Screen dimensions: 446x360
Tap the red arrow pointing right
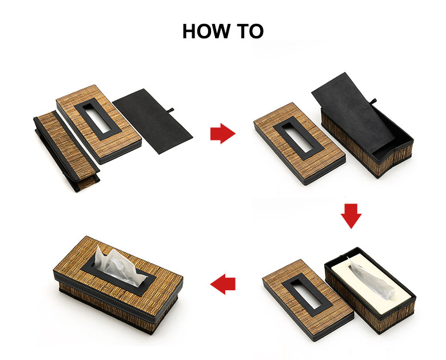[x=223, y=133]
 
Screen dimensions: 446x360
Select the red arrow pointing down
[x=351, y=216]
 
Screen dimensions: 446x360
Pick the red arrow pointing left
[x=223, y=284]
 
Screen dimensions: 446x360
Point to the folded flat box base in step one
[x=66, y=150]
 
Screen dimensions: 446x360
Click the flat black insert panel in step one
[x=153, y=121]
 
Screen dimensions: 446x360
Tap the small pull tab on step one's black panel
[x=171, y=110]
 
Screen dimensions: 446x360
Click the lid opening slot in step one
[x=98, y=119]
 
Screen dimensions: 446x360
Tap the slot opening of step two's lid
[x=298, y=138]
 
